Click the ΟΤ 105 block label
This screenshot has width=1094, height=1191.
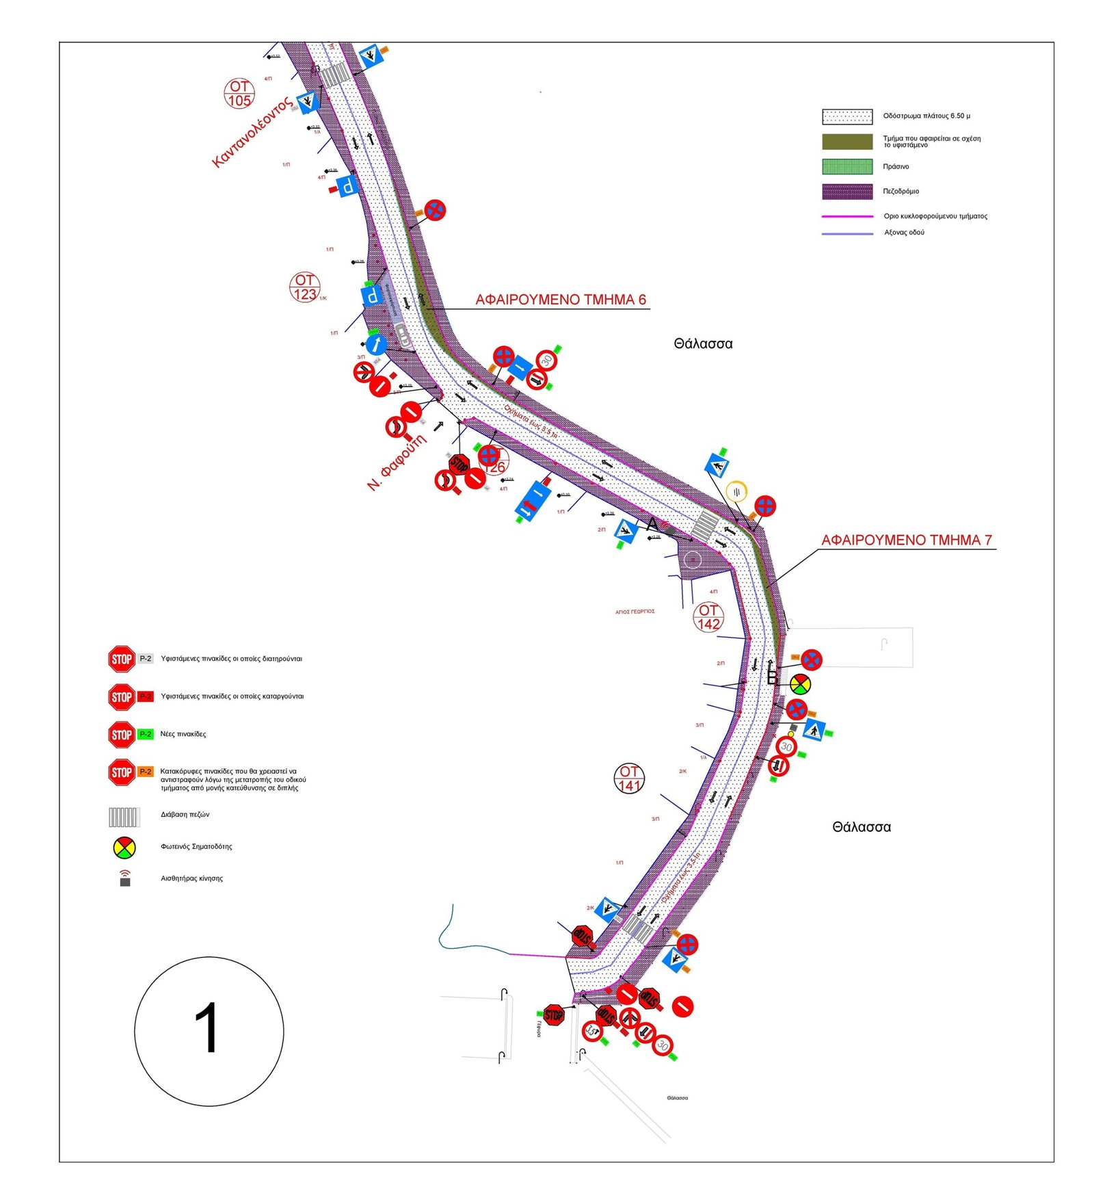click(239, 94)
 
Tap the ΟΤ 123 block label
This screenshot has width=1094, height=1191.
click(304, 287)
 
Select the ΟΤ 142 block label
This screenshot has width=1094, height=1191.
click(708, 616)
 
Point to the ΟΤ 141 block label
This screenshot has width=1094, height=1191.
click(628, 778)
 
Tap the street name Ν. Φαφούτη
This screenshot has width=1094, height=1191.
click(397, 462)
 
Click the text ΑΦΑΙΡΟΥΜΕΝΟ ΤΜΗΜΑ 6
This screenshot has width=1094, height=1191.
click(560, 300)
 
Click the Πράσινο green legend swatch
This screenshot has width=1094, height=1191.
click(846, 166)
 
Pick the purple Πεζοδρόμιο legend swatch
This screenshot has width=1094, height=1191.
click(846, 191)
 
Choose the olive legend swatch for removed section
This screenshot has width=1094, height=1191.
click(846, 142)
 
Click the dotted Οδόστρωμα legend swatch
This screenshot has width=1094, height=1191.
click(846, 116)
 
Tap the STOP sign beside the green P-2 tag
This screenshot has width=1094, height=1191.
click(121, 734)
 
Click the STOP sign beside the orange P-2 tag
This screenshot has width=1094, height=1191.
click(121, 772)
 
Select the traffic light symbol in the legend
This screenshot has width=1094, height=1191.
click(124, 847)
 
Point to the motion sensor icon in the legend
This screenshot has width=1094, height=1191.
click(124, 878)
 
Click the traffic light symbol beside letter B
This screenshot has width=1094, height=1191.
click(800, 683)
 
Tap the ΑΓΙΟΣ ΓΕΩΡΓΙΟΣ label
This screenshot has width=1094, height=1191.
click(635, 612)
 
